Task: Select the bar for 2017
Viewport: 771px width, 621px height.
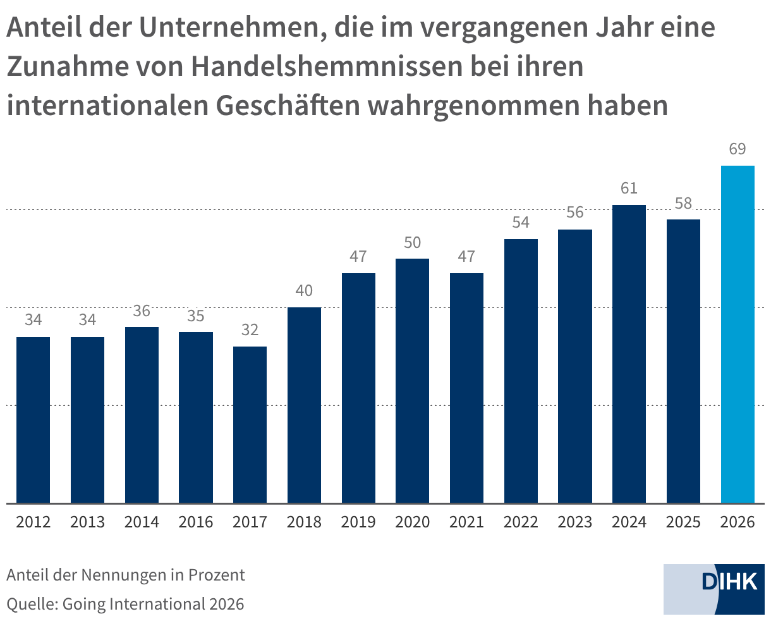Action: click(x=250, y=424)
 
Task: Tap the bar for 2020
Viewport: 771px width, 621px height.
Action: click(x=412, y=381)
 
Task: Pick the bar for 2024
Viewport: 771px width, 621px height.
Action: click(x=629, y=354)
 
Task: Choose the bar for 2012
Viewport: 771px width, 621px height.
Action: click(x=33, y=420)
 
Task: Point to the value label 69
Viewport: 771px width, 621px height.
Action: click(x=738, y=149)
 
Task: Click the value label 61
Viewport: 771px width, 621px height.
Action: click(x=629, y=188)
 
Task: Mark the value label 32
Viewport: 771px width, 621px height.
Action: click(x=250, y=330)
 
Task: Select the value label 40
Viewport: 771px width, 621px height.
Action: click(x=304, y=291)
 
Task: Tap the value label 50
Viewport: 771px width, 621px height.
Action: click(x=412, y=242)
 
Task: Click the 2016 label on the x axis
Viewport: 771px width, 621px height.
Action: click(x=196, y=522)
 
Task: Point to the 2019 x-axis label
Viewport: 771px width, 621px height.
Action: click(x=358, y=522)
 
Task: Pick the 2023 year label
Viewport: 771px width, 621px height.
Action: click(x=575, y=522)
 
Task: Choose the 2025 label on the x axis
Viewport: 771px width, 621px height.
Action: click(x=683, y=522)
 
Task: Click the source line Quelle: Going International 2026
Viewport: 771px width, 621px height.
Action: click(x=125, y=604)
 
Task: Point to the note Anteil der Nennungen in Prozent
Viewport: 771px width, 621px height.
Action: click(x=126, y=575)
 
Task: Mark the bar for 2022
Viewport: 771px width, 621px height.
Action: click(x=521, y=371)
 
